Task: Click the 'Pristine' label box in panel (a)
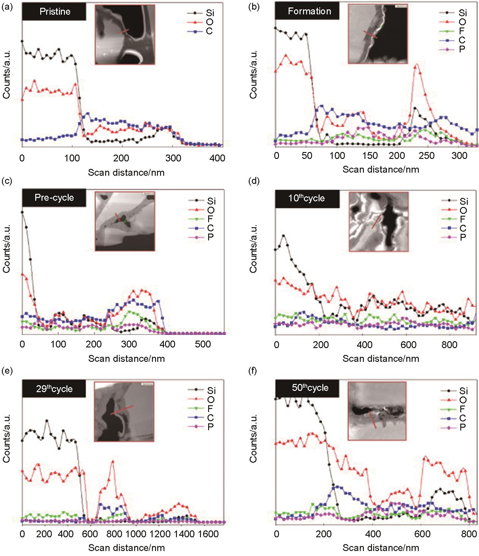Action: (x=55, y=12)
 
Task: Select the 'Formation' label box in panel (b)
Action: (x=309, y=12)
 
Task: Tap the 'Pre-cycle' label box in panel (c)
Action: (x=54, y=198)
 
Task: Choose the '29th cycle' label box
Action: (x=54, y=389)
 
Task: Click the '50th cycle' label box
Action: (x=310, y=388)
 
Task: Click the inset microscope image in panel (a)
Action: (x=125, y=34)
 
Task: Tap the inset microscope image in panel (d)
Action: (x=379, y=222)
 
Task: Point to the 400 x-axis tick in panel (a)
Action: (x=217, y=158)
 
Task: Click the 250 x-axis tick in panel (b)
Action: (x=427, y=155)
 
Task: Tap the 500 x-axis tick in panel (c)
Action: (x=203, y=344)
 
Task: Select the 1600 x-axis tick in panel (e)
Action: (x=208, y=534)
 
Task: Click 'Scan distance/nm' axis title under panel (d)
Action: (x=380, y=358)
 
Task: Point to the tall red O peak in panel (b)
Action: (x=417, y=65)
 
